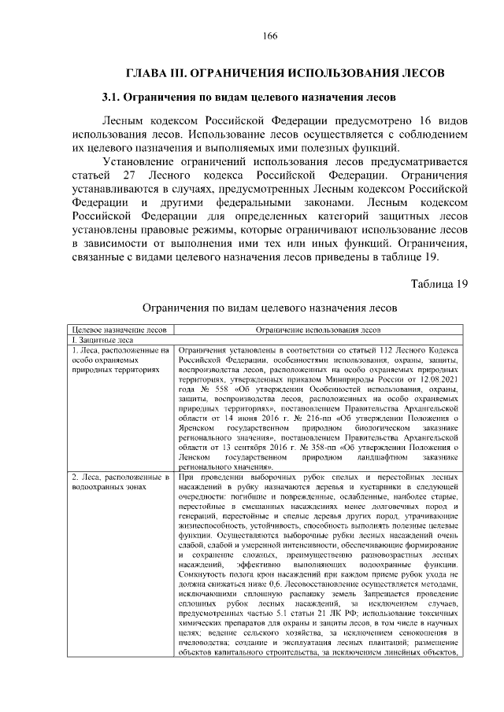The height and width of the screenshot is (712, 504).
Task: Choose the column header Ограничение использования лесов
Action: point(317,331)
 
